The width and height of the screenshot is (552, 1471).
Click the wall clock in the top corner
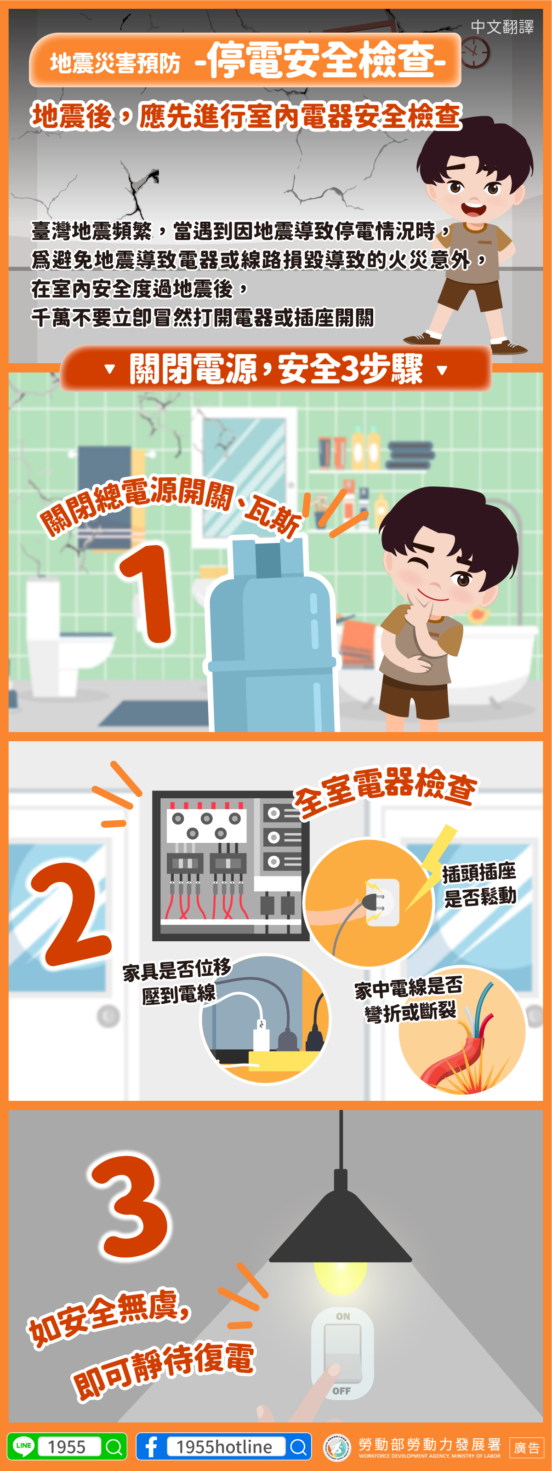tap(475, 52)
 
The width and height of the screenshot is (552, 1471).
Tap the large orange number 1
tap(146, 594)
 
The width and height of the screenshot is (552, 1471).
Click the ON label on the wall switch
tap(343, 1316)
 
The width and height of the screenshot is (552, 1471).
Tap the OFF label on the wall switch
tap(341, 1391)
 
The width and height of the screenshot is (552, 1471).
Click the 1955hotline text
tap(224, 1447)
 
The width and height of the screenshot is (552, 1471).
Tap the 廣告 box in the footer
tap(526, 1448)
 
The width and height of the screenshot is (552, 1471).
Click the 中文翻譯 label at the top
tap(502, 27)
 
